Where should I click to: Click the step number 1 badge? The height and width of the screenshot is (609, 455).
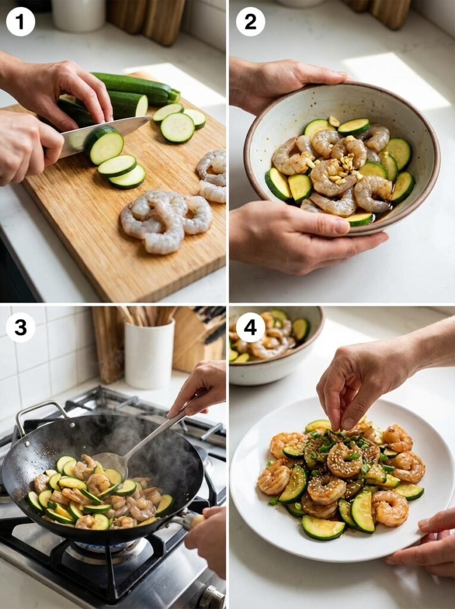[20, 22]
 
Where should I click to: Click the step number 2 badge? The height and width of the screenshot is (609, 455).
[250, 22]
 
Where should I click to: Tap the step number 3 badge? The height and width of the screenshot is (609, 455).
[20, 327]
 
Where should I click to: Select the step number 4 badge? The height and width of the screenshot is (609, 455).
[250, 327]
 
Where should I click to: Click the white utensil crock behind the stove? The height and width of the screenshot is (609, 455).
[149, 354]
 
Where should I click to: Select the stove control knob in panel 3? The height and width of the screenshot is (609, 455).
[211, 598]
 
